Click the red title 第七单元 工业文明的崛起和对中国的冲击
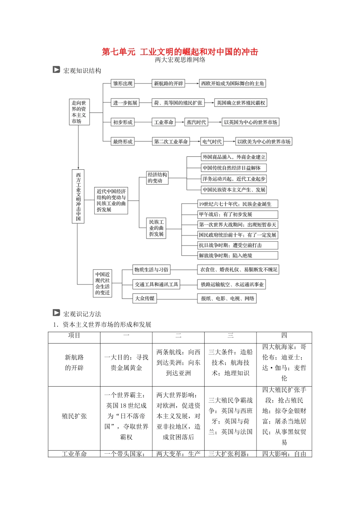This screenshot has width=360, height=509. coord(180,52)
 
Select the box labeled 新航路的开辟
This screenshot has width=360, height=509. coord(168,83)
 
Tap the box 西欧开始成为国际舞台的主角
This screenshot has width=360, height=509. coord(233,83)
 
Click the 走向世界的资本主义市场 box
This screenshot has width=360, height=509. coord(79,112)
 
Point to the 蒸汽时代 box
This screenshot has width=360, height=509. coord(196,122)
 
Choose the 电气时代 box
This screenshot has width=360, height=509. coord(212,142)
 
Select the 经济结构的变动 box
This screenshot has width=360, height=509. coord(157,178)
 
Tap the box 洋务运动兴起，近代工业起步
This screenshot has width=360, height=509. coord(234,179)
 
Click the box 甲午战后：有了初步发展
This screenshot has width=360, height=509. coord(238,214)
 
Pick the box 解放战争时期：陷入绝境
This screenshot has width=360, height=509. coord(238,256)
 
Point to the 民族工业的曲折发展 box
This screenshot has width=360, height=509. coord(156,228)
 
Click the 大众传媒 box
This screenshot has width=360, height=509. coord(145,298)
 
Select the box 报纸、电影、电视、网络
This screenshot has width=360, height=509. coord(227,298)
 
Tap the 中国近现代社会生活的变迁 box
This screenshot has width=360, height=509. coord(103,283)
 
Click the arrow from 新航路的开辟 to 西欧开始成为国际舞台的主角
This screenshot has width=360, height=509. coord(192,83)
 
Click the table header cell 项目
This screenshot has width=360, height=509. coord(74,336)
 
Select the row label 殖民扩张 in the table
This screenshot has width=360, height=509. coord(74,416)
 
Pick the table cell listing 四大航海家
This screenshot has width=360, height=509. coord(284,362)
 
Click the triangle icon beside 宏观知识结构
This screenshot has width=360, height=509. coord(56,70)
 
